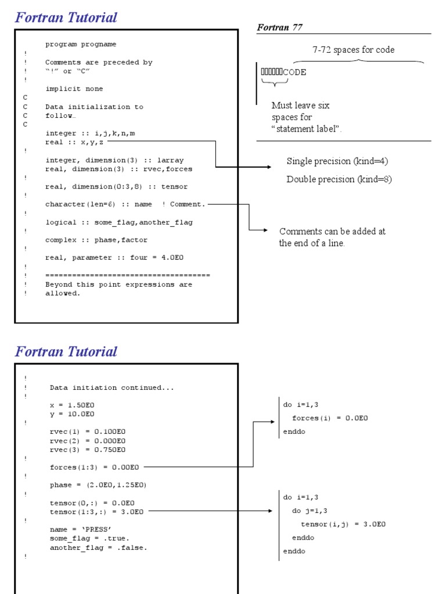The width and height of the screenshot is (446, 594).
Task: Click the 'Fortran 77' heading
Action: coord(279,27)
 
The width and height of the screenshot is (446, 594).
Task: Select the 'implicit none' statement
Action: coord(74,89)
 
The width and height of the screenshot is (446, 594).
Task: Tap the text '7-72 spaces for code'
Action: coord(353,50)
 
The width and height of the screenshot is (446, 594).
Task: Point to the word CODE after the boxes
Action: coord(294,73)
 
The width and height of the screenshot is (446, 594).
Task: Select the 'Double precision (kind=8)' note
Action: coord(339,179)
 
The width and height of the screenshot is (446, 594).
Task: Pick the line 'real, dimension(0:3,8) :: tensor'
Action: coord(116,187)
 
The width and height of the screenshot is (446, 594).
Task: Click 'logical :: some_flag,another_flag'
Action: coord(119,222)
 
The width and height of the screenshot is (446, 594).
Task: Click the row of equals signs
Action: coord(128,275)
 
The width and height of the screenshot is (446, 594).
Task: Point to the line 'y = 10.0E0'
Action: coord(72,414)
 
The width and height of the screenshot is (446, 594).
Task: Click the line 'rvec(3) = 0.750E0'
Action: coord(88,450)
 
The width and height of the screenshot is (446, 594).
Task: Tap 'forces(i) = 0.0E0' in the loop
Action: coord(330,418)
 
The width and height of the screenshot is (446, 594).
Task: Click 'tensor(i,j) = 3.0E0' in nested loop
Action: coord(343,524)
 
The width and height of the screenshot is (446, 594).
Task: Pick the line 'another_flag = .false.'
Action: coord(99,547)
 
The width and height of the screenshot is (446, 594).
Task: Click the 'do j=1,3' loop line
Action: coord(310,511)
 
